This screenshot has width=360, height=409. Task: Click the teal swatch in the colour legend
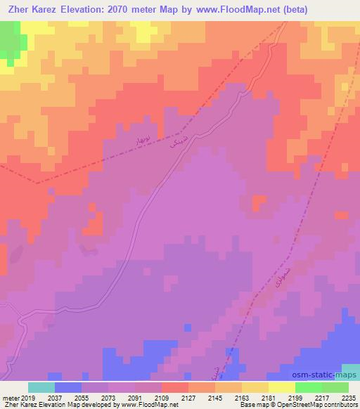click(41, 387)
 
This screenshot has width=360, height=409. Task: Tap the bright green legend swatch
click(308, 387)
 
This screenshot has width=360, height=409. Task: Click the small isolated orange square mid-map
click(259, 202)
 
